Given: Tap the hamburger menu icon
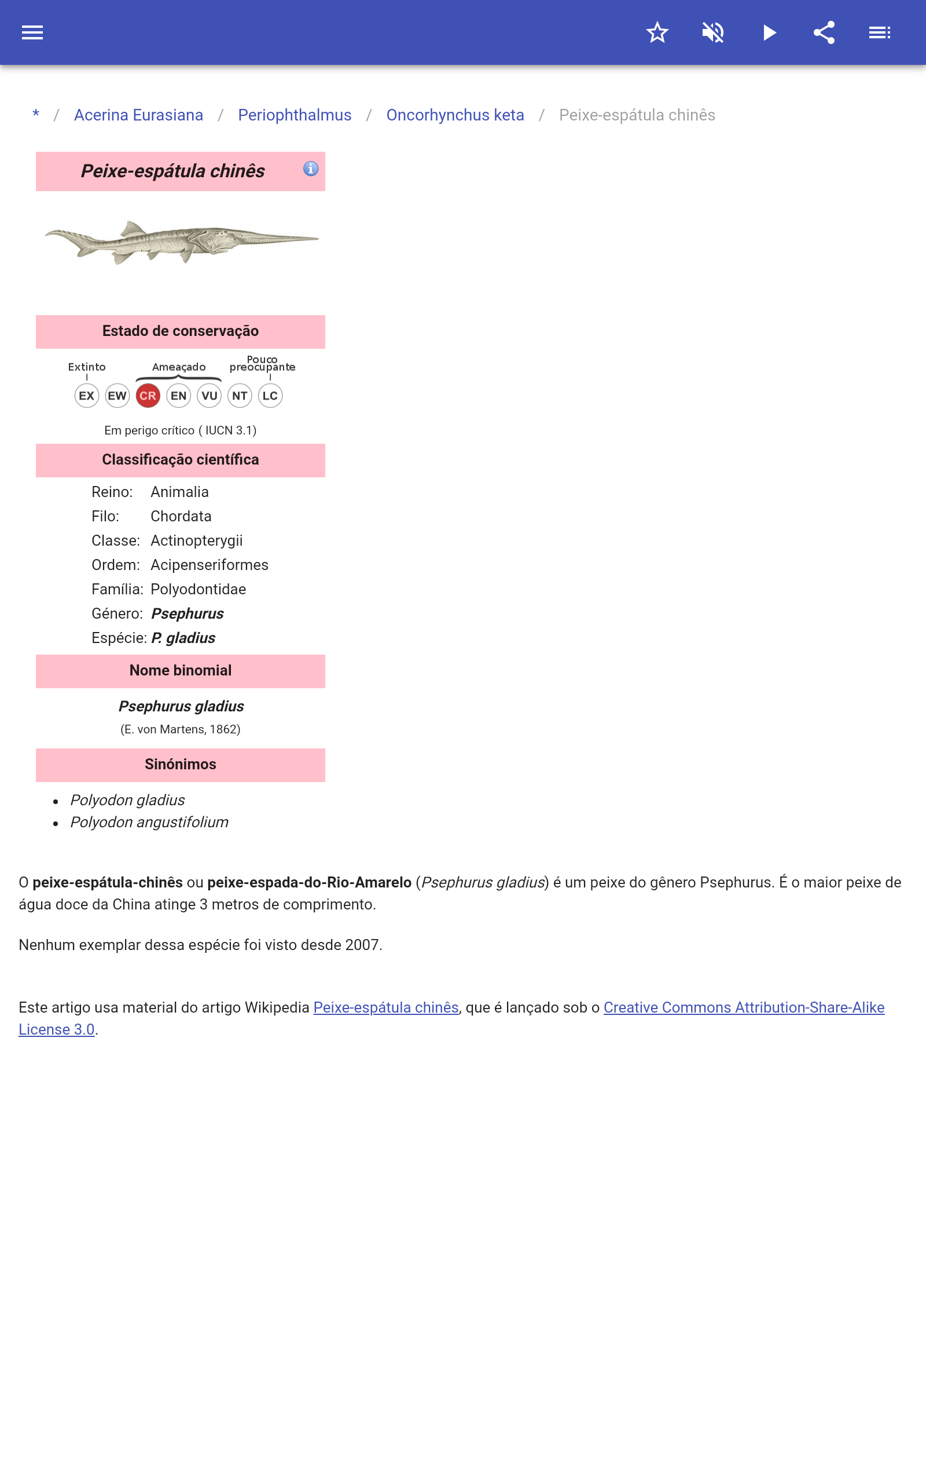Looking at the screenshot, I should pos(32,32).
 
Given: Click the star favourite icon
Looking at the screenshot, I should pos(657,32).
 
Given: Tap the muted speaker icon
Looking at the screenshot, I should pos(713,32).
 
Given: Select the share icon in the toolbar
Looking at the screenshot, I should pos(824,32).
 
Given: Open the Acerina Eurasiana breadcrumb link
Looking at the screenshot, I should pos(138,115).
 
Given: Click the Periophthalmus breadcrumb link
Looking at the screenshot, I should pos(295,115).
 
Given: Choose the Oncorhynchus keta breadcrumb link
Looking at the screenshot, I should pos(455,115).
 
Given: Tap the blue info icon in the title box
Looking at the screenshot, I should pos(311,169).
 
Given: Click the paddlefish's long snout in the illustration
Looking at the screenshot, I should pos(275,237).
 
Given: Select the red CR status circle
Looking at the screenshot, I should pos(148,396).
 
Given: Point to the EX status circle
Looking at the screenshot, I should pos(86,396).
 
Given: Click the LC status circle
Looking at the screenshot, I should pos(270,396).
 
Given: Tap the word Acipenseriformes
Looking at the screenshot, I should pos(210,565).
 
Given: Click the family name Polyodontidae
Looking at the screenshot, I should pos(199,590).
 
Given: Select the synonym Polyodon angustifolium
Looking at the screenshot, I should pos(149,823).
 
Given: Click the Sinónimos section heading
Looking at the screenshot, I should pos(181,764).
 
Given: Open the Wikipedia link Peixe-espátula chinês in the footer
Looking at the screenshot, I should pos(386,1007).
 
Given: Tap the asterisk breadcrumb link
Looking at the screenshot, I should pos(36,115).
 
